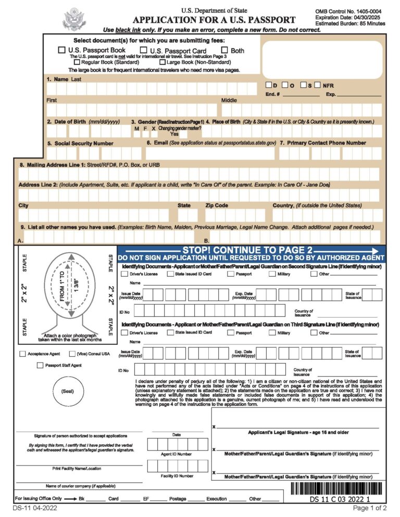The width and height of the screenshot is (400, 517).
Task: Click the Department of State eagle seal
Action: [73, 20]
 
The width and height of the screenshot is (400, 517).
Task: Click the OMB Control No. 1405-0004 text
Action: [348, 11]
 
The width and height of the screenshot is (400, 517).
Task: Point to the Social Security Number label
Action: [80, 143]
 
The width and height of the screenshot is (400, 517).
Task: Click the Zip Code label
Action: [217, 205]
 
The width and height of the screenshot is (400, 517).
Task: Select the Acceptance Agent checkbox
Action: [22, 354]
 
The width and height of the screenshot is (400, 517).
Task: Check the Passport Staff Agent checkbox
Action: [40, 366]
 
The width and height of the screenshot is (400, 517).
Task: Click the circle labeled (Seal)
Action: [68, 391]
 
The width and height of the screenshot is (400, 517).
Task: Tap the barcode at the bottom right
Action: [337, 489]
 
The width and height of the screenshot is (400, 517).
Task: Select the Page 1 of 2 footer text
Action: [370, 508]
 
